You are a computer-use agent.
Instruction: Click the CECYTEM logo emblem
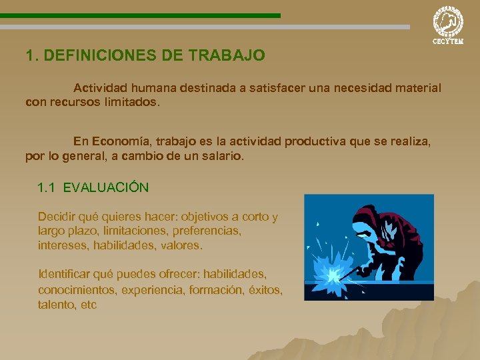tap(448, 21)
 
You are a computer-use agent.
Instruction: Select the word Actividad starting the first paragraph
tap(101, 88)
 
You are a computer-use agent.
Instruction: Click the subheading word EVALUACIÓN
tap(106, 187)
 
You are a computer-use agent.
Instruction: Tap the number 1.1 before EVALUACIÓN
tap(47, 187)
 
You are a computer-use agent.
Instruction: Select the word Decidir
tap(57, 217)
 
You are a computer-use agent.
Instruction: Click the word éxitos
tap(265, 290)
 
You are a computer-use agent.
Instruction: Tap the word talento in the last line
tap(56, 305)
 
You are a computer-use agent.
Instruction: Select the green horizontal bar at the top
tap(140, 15)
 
